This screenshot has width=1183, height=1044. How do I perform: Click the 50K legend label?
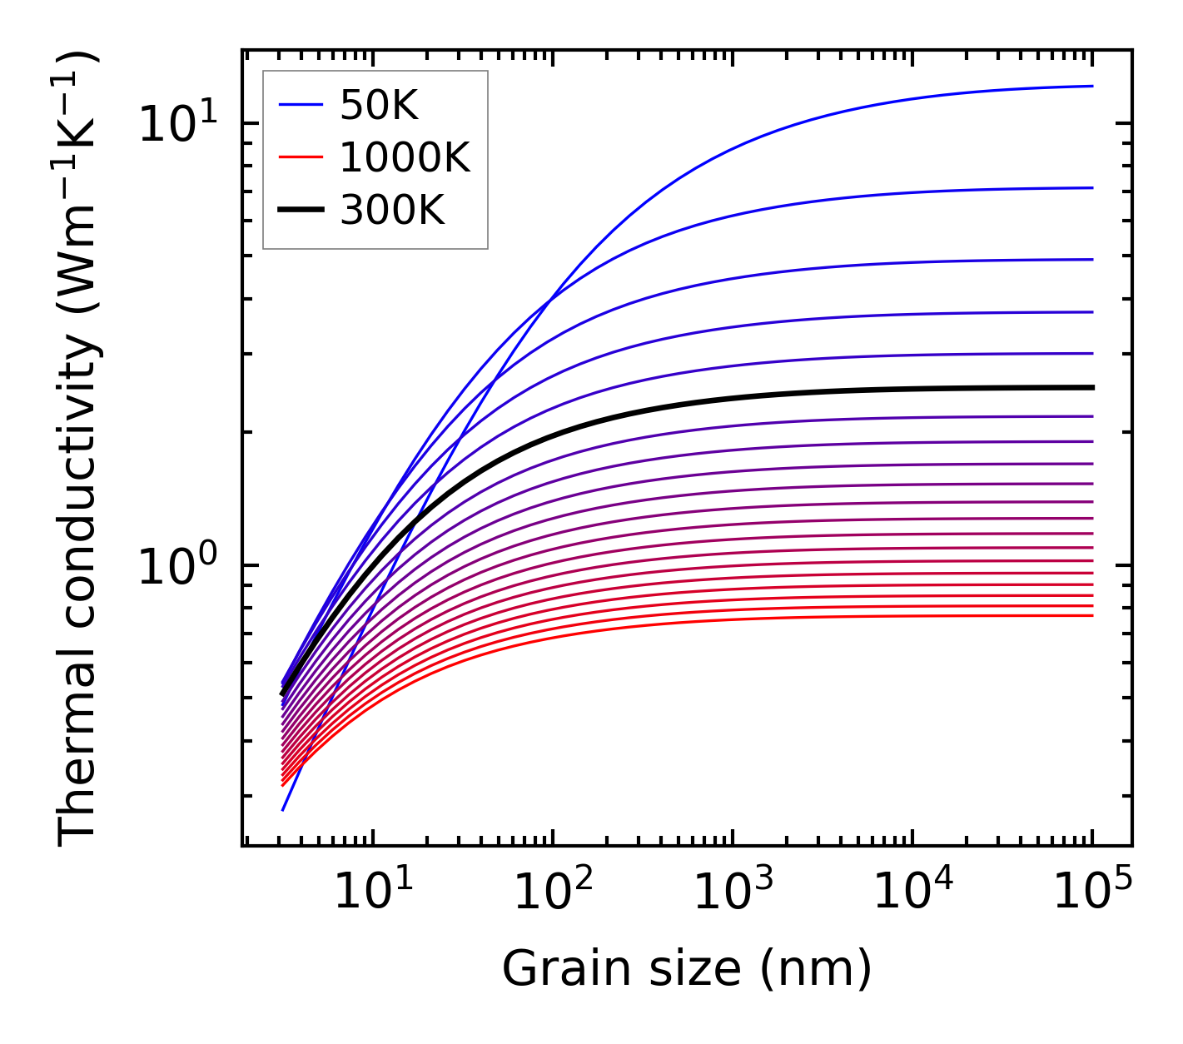pyautogui.click(x=379, y=105)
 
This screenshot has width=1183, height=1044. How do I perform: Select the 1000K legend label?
pyautogui.click(x=405, y=157)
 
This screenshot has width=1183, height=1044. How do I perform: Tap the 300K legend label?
pyautogui.click(x=392, y=211)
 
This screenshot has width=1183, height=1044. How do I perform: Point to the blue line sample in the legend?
pyautogui.click(x=300, y=105)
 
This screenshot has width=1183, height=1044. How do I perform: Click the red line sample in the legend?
pyautogui.click(x=300, y=157)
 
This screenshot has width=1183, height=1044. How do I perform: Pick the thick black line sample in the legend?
pyautogui.click(x=300, y=211)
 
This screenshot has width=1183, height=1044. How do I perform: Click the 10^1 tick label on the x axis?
pyautogui.click(x=373, y=893)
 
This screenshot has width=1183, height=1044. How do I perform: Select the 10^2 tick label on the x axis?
pyautogui.click(x=553, y=893)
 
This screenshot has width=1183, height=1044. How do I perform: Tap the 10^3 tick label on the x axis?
pyautogui.click(x=733, y=893)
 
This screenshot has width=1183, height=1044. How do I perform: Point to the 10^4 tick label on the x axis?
pyautogui.click(x=912, y=893)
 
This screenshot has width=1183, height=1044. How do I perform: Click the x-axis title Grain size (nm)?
pyautogui.click(x=687, y=969)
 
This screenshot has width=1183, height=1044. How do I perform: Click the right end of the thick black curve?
pyautogui.click(x=1091, y=387)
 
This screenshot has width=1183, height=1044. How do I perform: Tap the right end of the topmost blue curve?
pyautogui.click(x=1091, y=86)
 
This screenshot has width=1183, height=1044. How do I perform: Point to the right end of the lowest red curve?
pyautogui.click(x=1091, y=615)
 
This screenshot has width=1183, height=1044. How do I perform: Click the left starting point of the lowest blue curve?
pyautogui.click(x=283, y=809)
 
